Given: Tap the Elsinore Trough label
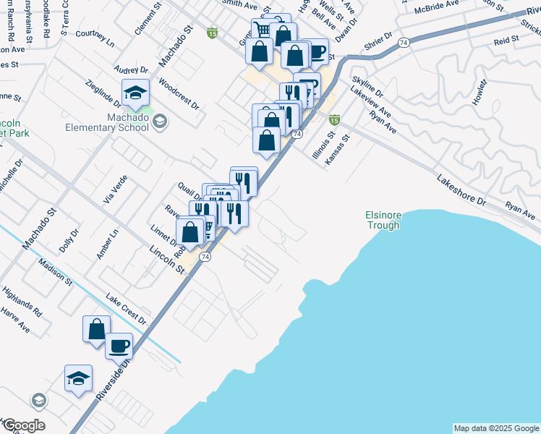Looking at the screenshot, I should coord(383,220).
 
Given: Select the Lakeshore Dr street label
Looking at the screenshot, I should coord(464,190).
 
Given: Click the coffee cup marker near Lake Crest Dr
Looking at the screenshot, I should coord(119,345).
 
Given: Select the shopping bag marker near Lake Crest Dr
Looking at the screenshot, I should coord(96,328).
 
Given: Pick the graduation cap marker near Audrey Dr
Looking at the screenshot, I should coord(135,92).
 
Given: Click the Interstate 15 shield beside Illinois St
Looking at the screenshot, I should coord(334,119).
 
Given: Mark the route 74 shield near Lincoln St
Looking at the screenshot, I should coord(206,257).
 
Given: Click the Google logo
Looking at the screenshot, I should coord(23,425).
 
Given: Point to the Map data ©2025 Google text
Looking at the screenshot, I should coord(496,428).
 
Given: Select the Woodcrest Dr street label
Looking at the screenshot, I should coord(178,94).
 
